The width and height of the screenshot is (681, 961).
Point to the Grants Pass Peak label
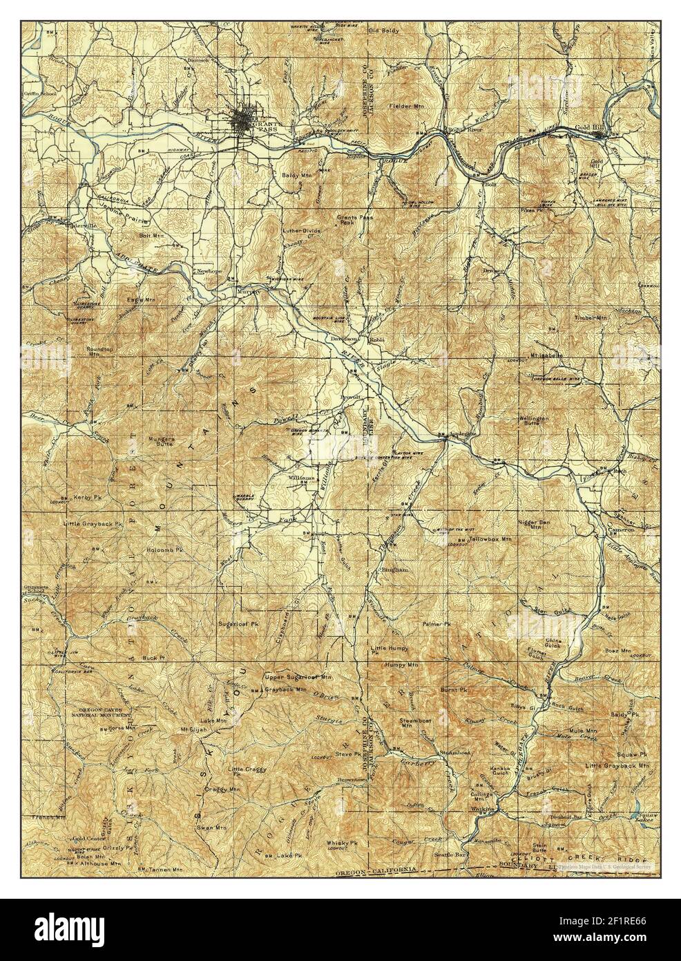pyautogui.click(x=350, y=220)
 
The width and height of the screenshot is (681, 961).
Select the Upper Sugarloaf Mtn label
pyautogui.click(x=298, y=676)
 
